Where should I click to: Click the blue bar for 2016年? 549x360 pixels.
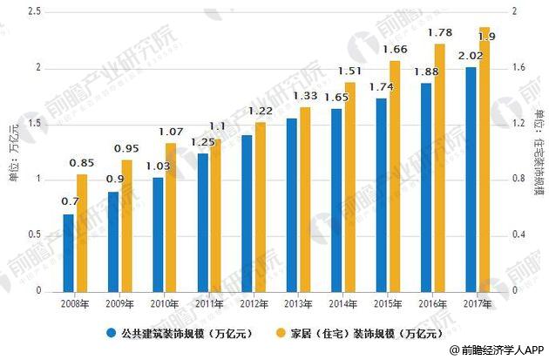pyautogui.click(x=425, y=187)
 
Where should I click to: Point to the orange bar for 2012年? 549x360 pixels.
pyautogui.click(x=261, y=207)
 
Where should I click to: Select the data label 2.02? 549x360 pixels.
pyautogui.click(x=471, y=55)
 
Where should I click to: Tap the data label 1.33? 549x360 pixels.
pyautogui.click(x=307, y=95)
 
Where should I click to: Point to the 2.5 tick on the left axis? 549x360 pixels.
pyautogui.click(x=35, y=11)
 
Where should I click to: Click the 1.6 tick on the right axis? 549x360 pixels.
pyautogui.click(x=512, y=67)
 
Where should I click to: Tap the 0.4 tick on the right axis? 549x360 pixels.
pyautogui.click(x=512, y=234)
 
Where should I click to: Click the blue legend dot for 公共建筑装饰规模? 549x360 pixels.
pyautogui.click(x=112, y=332)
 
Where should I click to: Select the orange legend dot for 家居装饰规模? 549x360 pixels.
pyautogui.click(x=281, y=332)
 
